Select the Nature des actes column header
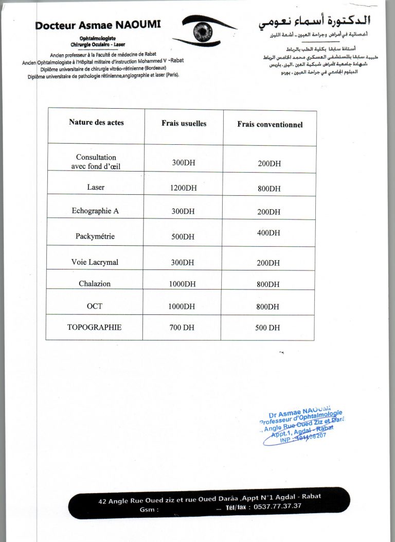pyautogui.click(x=96, y=123)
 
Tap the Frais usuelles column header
pyautogui.click(x=184, y=124)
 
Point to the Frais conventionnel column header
pyautogui.click(x=270, y=125)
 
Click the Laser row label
pyautogui.click(x=96, y=187)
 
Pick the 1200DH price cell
pyautogui.click(x=183, y=188)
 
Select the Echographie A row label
pyautogui.click(x=95, y=211)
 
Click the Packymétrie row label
pyautogui.click(x=95, y=236)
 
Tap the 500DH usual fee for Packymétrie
pyautogui.click(x=183, y=237)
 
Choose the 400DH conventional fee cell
pyautogui.click(x=269, y=233)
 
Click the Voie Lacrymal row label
pyautogui.click(x=95, y=262)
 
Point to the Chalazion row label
pyautogui.click(x=95, y=283)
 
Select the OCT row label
pyautogui.click(x=95, y=306)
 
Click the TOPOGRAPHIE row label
pyautogui.click(x=94, y=327)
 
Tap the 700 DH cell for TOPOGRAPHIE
pyautogui.click(x=182, y=328)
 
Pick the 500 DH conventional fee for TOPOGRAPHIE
pyautogui.click(x=267, y=328)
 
